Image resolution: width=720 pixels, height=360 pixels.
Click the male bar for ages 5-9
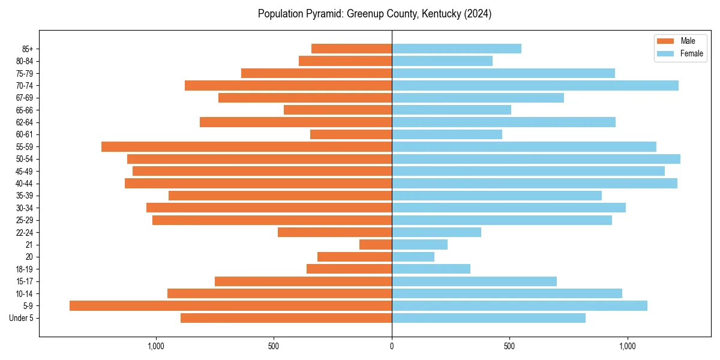tap(230, 306)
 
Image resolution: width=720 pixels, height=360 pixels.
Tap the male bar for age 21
tap(376, 245)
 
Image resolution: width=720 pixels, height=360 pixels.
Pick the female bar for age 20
tap(413, 257)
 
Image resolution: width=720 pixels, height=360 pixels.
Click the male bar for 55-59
tap(246, 147)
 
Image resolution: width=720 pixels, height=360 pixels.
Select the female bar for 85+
tap(456, 49)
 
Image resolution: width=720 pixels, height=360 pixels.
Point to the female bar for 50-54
tap(536, 159)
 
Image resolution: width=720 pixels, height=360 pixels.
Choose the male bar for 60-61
tap(351, 134)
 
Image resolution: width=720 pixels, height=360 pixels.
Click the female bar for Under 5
tap(488, 318)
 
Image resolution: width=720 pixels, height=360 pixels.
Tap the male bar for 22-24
tap(335, 232)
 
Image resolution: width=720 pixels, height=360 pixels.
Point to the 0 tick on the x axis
tap(392, 346)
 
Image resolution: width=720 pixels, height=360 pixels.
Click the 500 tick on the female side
tap(509, 346)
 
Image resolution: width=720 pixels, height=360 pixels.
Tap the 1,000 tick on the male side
tap(155, 346)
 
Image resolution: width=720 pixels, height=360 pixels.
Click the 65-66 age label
tap(25, 110)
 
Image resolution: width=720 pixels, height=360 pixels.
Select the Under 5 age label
tap(21, 318)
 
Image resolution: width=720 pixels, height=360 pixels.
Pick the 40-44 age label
tap(25, 184)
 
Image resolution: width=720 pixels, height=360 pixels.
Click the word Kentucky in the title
tap(441, 14)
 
